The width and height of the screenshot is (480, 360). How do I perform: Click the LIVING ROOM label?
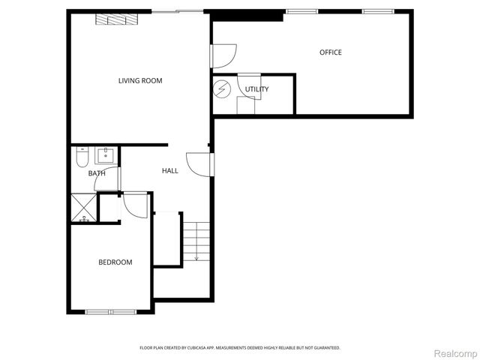pos(140,81)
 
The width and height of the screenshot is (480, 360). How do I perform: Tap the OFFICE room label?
pos(331,52)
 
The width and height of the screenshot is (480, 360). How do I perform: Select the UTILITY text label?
pos(257,89)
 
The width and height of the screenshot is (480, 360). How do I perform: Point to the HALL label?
pos(170,171)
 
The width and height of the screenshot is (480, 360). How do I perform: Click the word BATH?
pos(97,173)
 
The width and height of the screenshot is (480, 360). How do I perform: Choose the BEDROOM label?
pos(115,262)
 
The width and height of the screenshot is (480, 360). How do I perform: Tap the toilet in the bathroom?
pos(82,157)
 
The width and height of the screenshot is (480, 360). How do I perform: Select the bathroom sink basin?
pos(106,155)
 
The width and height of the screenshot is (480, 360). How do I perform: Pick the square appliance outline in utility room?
pos(246,106)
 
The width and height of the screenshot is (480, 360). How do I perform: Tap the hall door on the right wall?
pos(199,164)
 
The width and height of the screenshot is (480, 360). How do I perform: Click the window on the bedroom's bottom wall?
pos(110,311)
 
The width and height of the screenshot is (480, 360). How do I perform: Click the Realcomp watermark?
pos(456,352)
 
